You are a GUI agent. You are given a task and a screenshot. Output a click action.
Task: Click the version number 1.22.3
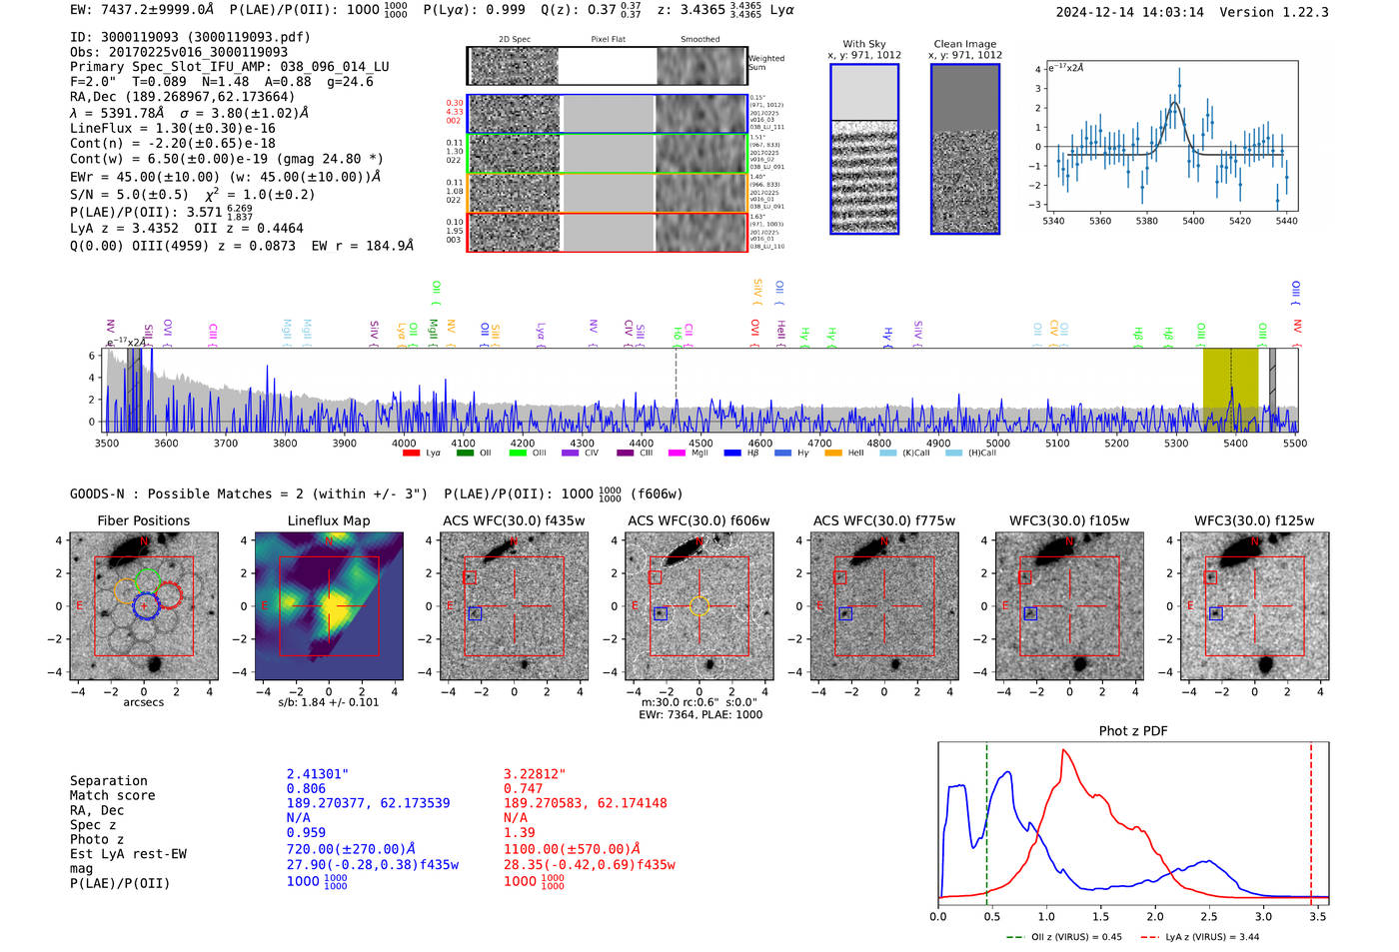click(1295, 12)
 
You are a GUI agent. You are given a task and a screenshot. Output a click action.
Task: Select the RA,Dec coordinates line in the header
click(182, 97)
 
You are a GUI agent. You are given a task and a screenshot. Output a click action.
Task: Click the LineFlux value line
click(172, 128)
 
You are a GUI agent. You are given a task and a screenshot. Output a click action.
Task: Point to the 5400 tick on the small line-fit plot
click(1193, 221)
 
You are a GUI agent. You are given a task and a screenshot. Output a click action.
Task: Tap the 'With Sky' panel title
click(864, 44)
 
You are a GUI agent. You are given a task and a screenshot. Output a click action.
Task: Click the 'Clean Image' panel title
click(964, 44)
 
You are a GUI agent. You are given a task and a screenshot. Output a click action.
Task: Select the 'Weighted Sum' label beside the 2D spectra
click(766, 63)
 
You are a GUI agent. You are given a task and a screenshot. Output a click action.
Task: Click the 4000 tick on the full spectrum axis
click(404, 443)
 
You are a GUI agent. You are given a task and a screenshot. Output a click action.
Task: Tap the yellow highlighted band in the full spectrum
click(1229, 380)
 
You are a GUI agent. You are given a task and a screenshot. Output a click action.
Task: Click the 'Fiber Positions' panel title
click(143, 520)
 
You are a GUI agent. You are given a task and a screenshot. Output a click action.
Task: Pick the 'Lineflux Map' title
click(329, 520)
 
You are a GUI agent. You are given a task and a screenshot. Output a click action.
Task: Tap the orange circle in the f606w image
click(699, 605)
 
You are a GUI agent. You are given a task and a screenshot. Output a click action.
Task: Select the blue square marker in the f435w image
click(475, 613)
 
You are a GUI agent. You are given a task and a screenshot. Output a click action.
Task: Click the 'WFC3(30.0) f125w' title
click(1254, 520)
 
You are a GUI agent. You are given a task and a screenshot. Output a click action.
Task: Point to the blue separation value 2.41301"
click(317, 774)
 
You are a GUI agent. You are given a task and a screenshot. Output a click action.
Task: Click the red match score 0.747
click(523, 788)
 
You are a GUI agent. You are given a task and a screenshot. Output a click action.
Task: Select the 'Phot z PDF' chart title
click(1132, 731)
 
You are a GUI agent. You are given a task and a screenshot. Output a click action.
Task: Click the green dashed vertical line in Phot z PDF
click(986, 819)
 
